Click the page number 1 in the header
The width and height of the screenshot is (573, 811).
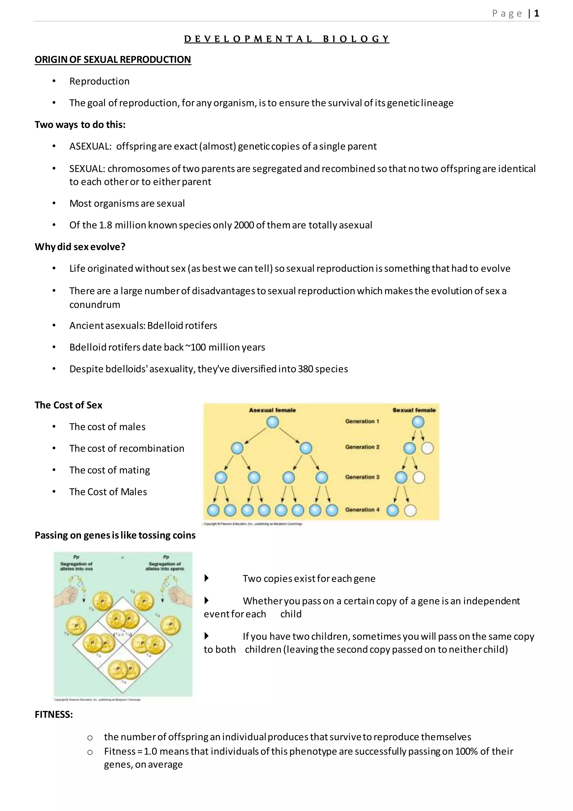tap(536, 13)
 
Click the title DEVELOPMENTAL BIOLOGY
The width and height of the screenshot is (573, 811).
tap(286, 39)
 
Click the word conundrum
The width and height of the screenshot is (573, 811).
tap(95, 304)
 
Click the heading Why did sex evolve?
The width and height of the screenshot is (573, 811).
tap(80, 246)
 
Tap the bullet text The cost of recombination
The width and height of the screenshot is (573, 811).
tap(127, 448)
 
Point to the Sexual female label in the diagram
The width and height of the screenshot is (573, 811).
tap(414, 410)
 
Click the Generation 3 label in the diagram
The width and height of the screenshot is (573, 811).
tap(362, 477)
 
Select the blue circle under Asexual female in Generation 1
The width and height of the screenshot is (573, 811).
tap(273, 422)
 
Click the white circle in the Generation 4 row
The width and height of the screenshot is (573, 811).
tap(410, 510)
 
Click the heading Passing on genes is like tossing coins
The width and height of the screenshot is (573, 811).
tap(115, 535)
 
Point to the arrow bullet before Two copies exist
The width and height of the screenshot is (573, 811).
tap(207, 578)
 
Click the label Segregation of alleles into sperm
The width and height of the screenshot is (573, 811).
tap(165, 566)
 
